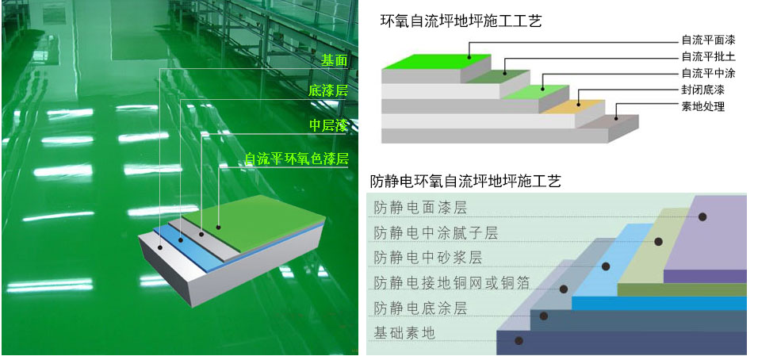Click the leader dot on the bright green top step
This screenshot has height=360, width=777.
tap(470, 56)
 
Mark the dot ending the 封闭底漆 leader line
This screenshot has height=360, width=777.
tap(579, 104)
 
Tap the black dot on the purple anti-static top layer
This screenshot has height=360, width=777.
tap(702, 216)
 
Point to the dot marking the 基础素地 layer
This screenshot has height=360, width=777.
tap(519, 341)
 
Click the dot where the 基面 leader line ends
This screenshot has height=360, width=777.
tap(160, 247)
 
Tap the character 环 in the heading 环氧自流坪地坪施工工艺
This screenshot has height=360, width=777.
tap(388, 21)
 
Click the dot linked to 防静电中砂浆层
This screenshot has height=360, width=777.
tap(606, 266)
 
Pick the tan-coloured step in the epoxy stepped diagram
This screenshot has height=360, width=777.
tap(572, 106)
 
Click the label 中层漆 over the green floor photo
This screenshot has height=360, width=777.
tap(328, 126)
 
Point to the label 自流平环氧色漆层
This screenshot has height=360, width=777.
tap(297, 159)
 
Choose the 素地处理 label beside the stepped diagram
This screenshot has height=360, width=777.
tap(702, 106)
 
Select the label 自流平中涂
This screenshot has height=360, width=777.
tap(708, 74)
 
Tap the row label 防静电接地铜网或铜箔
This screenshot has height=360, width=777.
tap(452, 282)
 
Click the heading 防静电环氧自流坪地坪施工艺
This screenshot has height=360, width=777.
tap(466, 182)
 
